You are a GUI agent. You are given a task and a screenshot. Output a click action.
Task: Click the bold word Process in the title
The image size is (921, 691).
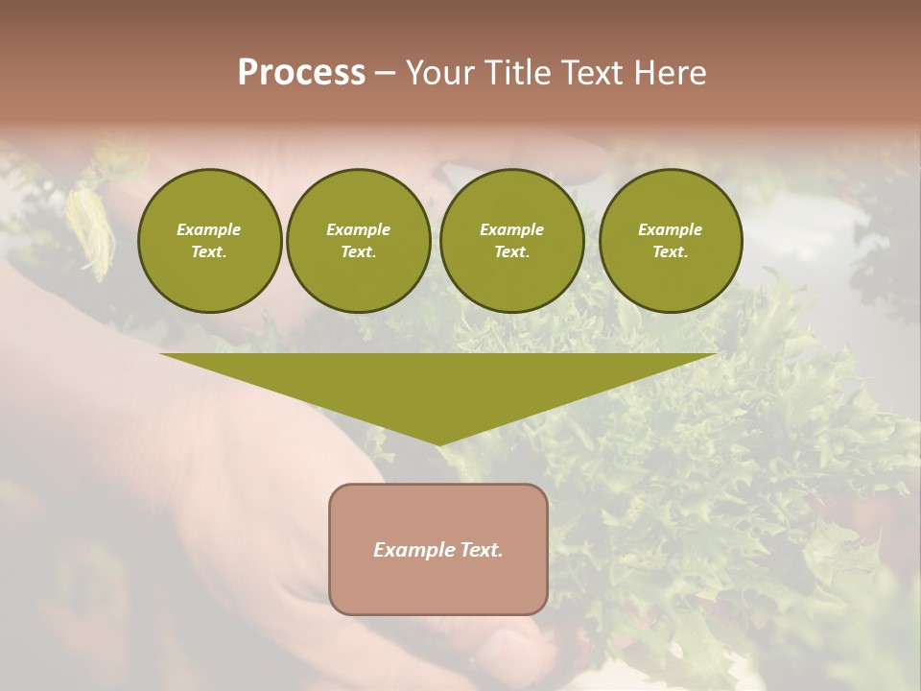tap(301, 73)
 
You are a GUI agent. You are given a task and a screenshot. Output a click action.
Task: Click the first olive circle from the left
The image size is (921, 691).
tap(209, 241)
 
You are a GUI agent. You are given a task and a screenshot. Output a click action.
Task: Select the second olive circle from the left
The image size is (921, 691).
tap(359, 241)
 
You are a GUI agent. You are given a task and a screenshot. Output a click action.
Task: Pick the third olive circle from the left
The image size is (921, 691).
tap(511, 241)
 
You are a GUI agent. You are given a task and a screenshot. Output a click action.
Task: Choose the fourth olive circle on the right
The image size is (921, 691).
tap(671, 241)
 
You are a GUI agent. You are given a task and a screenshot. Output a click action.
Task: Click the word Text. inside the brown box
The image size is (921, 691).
tap(480, 550)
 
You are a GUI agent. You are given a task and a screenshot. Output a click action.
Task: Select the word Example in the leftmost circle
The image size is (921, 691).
tap(209, 229)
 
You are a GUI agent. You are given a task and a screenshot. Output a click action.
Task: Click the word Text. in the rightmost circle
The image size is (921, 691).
tap(671, 252)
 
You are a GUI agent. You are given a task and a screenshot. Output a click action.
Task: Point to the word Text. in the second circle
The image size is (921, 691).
tap(359, 252)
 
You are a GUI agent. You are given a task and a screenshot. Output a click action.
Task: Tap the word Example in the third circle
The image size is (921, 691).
tap(511, 229)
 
